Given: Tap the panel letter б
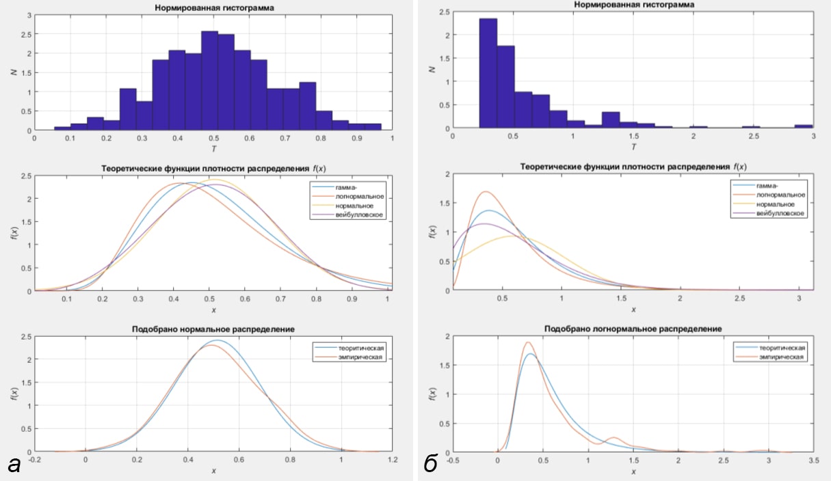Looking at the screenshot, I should click(x=431, y=465).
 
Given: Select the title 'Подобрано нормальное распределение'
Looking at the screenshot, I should click(x=213, y=329).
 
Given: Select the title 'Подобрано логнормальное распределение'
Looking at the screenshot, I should click(x=633, y=329).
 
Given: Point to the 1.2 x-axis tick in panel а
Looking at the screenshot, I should click(x=392, y=460).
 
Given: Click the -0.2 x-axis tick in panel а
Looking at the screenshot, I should click(x=34, y=460).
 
